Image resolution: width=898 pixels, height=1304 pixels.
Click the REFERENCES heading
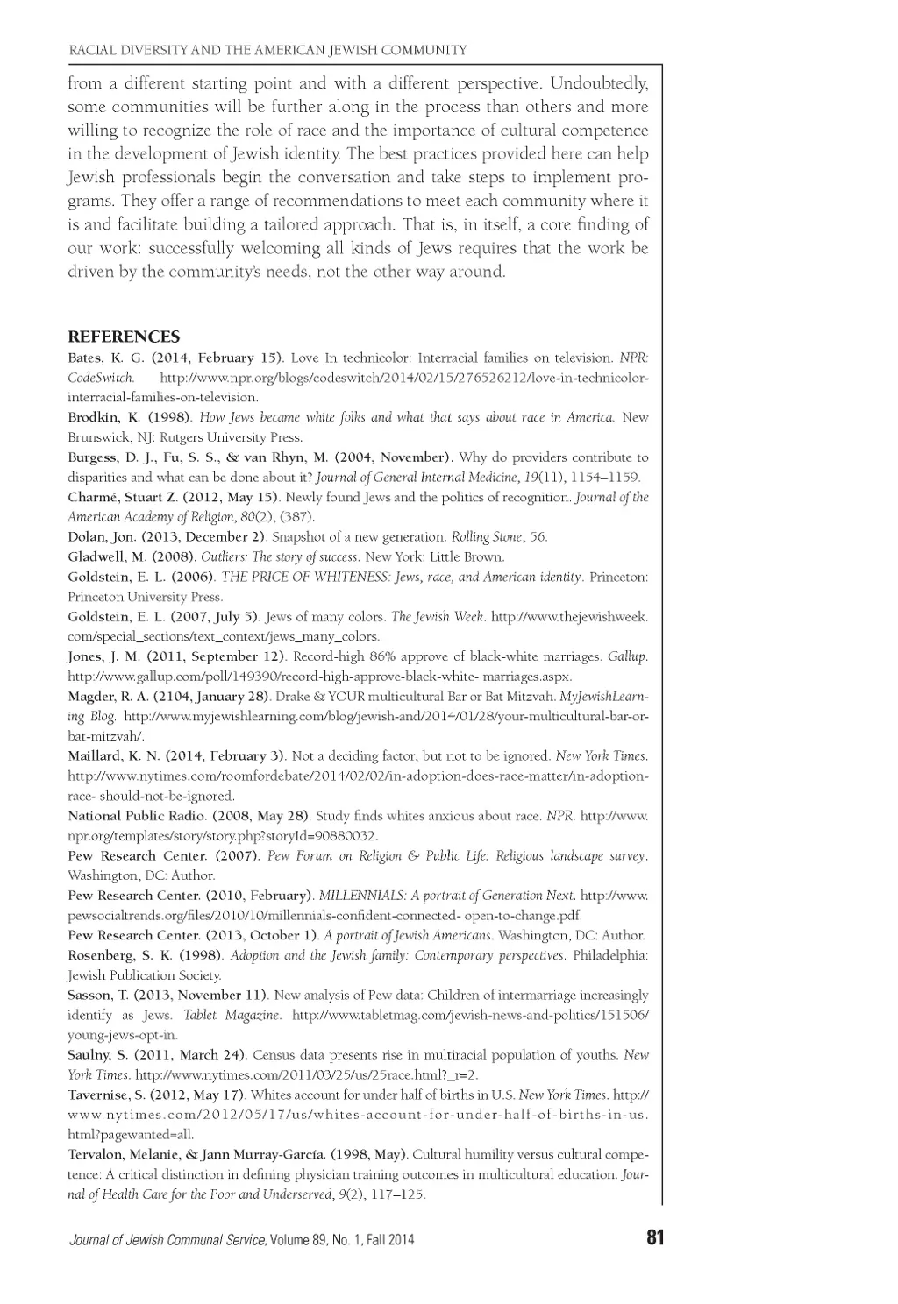[124, 337]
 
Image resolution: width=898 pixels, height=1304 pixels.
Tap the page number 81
[655, 1238]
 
